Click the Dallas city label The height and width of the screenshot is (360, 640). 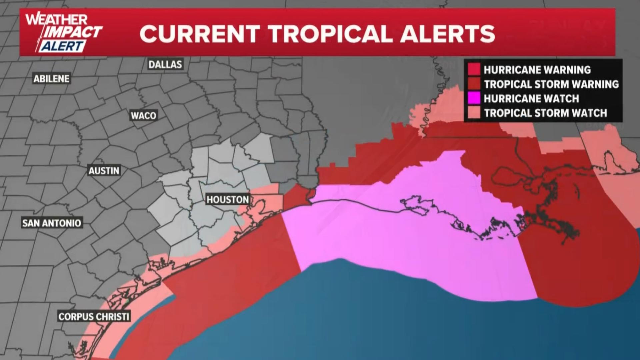click(165, 64)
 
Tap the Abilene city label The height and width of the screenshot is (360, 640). click(51, 79)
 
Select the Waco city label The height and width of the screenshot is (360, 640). click(143, 116)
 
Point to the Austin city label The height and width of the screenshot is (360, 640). click(104, 171)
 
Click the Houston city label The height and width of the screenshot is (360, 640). click(228, 200)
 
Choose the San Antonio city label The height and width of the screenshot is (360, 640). click(52, 223)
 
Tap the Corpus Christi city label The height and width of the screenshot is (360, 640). click(94, 316)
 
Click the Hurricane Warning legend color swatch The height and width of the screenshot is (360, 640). click(474, 70)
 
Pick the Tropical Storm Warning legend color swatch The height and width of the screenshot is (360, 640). click(474, 84)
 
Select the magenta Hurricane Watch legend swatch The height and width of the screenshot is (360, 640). click(474, 98)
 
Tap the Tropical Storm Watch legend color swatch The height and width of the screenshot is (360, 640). click(474, 113)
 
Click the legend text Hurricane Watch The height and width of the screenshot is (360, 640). click(531, 99)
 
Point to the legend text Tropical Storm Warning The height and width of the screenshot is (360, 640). click(551, 84)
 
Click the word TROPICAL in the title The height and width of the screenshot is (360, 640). click(330, 34)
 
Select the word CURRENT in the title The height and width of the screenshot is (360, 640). click(200, 34)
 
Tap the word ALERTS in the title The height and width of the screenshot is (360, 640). click(448, 34)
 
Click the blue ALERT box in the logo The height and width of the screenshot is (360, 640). click(63, 46)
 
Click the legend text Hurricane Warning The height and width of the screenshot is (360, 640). click(537, 70)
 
